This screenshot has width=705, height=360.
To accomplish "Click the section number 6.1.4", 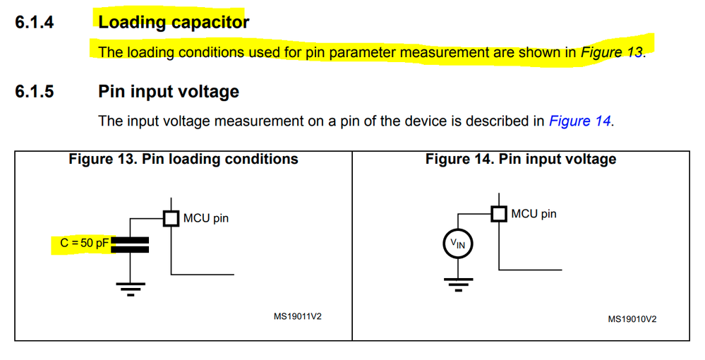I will point(35,22).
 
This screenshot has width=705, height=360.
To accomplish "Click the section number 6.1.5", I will point(35,92).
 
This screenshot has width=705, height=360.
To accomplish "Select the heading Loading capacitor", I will point(174,22).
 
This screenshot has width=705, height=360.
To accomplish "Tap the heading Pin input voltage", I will point(169,92).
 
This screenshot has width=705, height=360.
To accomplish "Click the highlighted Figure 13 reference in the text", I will point(611,52).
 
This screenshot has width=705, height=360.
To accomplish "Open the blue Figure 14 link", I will point(579,121).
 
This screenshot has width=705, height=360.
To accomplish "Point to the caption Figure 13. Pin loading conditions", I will point(183,159).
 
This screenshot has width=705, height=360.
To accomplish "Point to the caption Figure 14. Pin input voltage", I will point(521,159).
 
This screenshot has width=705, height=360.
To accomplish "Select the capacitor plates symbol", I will point(131,244).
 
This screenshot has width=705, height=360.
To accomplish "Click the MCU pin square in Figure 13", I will point(171,218).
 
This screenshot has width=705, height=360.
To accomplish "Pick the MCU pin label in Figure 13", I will point(206,218).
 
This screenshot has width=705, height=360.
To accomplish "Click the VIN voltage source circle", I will point(458,244).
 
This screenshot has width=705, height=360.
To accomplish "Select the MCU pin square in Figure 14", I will point(499,213).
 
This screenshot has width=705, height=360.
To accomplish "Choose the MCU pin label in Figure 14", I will point(534,213).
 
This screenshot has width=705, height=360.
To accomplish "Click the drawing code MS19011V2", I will point(297,316).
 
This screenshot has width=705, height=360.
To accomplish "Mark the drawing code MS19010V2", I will point(632,319).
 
